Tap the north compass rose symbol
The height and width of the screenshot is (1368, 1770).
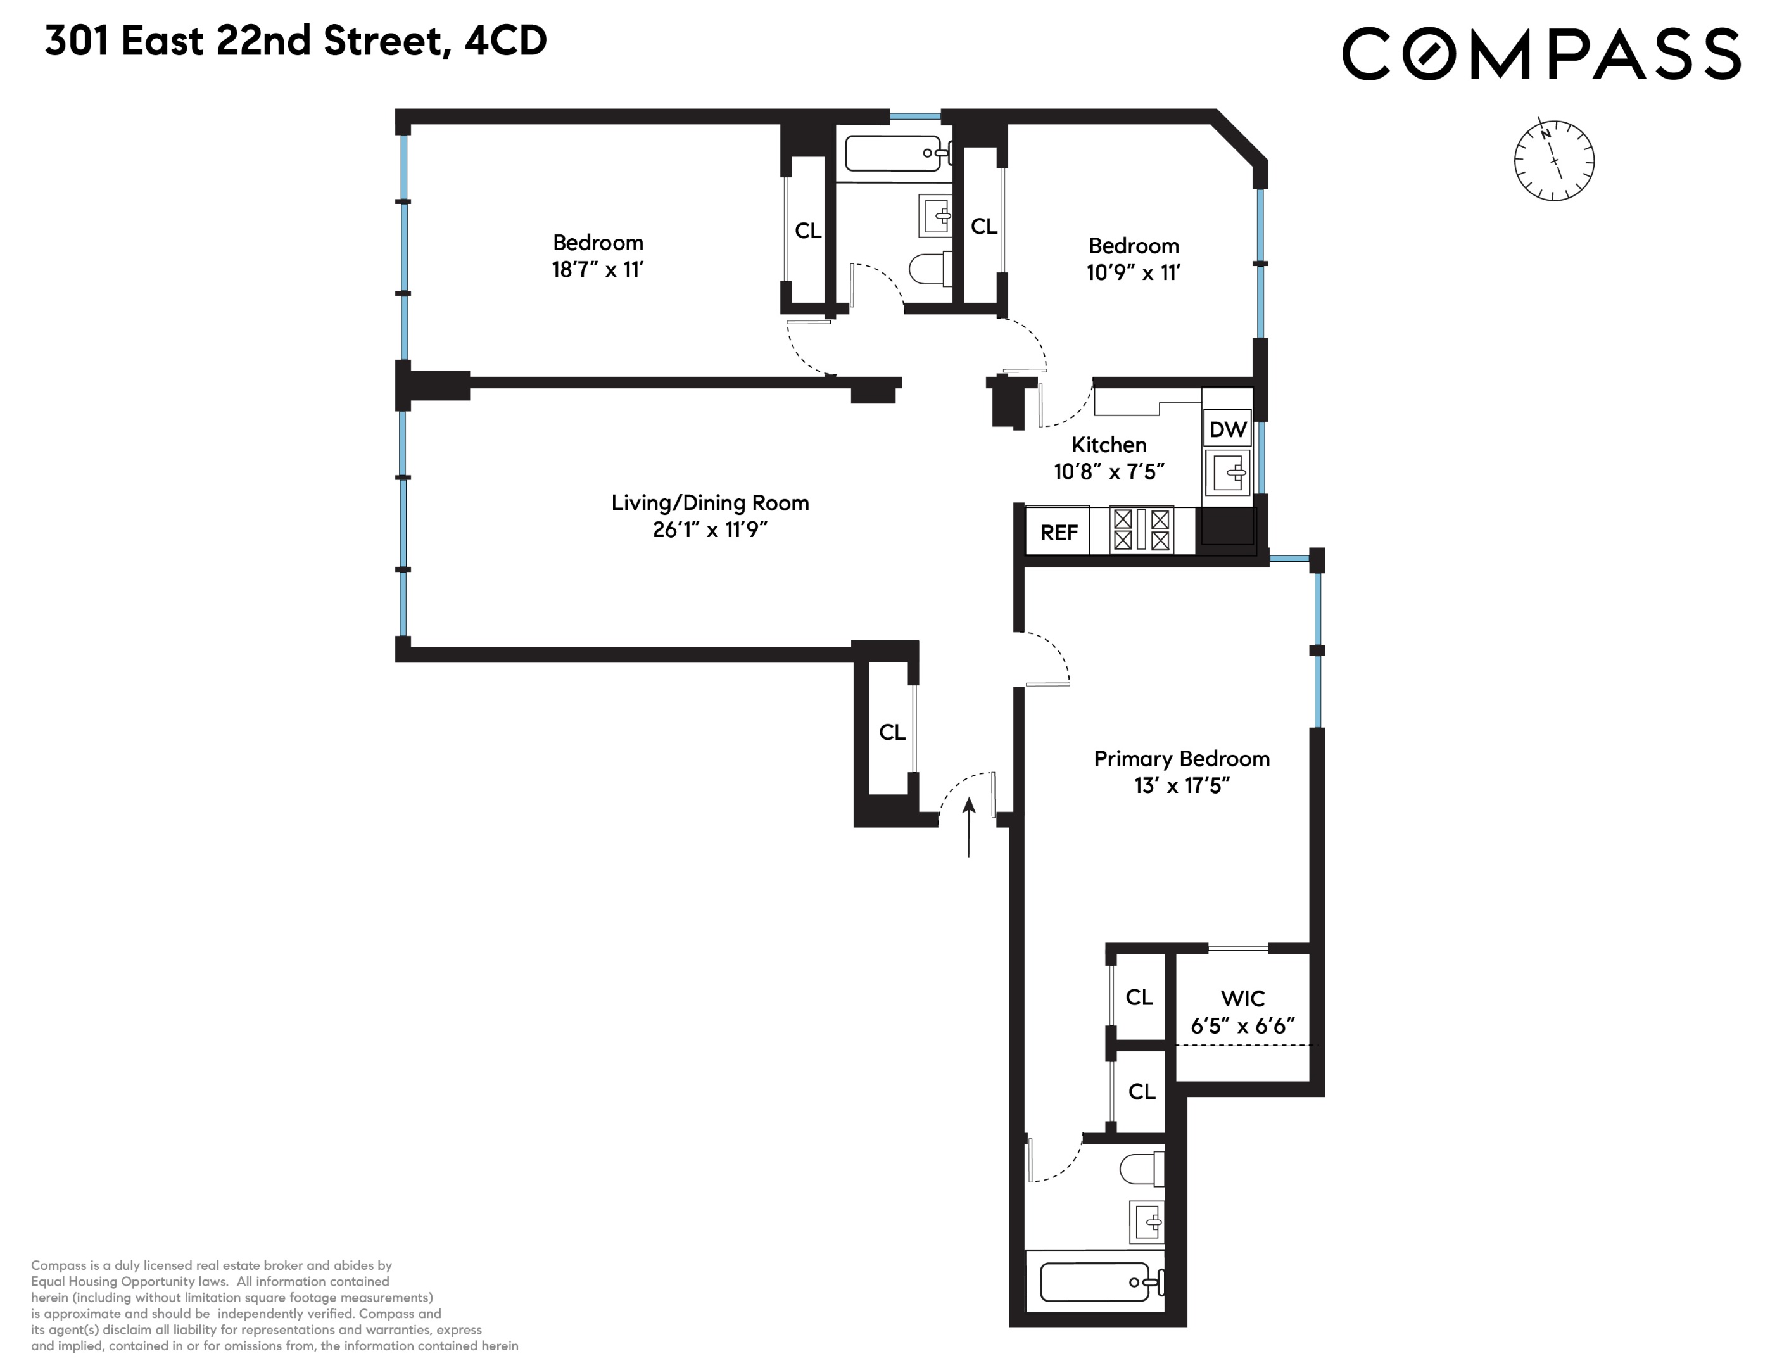(1553, 160)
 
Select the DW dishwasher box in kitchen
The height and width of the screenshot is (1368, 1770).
(1227, 429)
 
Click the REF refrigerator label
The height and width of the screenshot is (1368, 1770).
(1058, 533)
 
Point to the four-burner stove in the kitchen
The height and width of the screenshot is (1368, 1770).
(1141, 529)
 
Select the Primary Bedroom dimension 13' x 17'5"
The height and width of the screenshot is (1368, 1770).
(1182, 785)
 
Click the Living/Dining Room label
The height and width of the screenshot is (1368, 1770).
(710, 502)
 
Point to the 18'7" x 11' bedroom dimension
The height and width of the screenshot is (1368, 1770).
(597, 269)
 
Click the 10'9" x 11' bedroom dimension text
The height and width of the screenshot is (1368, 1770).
(1133, 272)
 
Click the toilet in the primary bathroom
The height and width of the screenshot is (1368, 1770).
(1141, 1168)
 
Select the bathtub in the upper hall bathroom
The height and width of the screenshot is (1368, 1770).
(893, 153)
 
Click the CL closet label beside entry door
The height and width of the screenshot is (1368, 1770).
(892, 731)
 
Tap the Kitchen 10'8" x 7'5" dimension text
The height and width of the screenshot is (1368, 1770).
(1109, 471)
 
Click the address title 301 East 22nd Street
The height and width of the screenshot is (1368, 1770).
(296, 41)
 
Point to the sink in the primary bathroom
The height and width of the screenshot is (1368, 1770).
(1147, 1221)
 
